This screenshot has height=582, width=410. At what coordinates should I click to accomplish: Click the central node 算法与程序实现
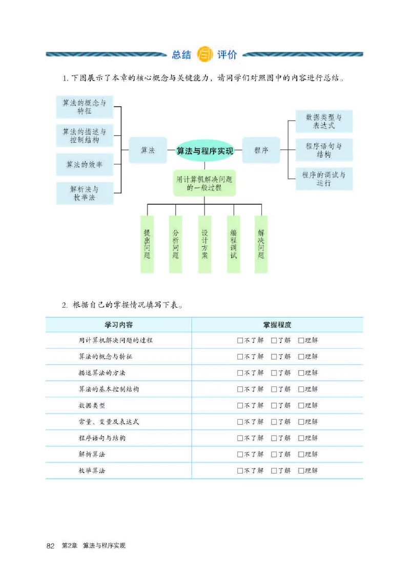[204, 150]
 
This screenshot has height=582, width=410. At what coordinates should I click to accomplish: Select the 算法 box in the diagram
[148, 150]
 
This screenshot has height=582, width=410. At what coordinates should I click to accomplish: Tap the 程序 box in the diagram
[261, 150]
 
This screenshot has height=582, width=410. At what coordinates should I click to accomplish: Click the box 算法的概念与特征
[85, 107]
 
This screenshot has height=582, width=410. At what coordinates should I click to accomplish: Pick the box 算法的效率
[85, 164]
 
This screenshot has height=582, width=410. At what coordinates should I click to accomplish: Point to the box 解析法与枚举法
[85, 193]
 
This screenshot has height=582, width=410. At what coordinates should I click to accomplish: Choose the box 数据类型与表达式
[324, 121]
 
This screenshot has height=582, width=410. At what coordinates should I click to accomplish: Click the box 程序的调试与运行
[324, 179]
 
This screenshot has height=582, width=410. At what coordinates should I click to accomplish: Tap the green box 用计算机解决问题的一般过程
[204, 183]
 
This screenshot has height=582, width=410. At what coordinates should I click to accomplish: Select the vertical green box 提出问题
[147, 244]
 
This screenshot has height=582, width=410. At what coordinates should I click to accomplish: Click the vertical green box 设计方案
[204, 244]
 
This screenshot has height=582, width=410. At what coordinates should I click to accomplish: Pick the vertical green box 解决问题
[261, 244]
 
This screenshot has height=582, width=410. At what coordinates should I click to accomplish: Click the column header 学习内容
[119, 325]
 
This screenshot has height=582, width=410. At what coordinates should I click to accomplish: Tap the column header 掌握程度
[277, 325]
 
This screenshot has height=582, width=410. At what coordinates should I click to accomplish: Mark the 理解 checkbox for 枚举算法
[301, 470]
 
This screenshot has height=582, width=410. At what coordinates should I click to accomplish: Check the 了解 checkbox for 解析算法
[274, 454]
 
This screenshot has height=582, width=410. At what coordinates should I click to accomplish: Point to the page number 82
[50, 546]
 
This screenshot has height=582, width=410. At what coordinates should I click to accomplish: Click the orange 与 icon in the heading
[204, 55]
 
